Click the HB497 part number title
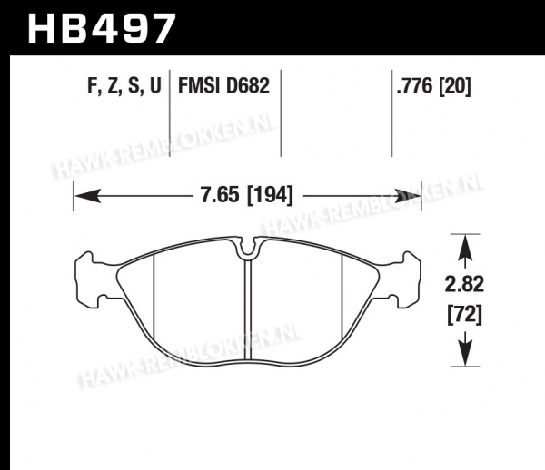[102, 28]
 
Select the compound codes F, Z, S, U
[124, 85]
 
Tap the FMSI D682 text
[223, 85]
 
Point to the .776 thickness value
[415, 85]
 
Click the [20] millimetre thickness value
[455, 85]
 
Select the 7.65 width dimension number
[220, 195]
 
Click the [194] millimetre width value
[270, 195]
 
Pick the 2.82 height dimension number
[464, 284]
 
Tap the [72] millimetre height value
[465, 315]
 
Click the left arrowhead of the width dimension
[87, 196]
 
